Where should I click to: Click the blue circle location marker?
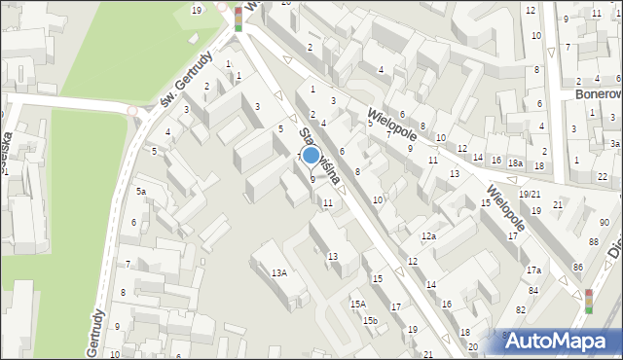pyautogui.click(x=311, y=154)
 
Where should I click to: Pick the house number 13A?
pyautogui.click(x=279, y=273)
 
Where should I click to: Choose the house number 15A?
pyautogui.click(x=358, y=305)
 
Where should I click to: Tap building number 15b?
pyautogui.click(x=369, y=320)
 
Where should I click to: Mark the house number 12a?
pyautogui.click(x=428, y=236)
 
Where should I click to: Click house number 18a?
pyautogui.click(x=515, y=162)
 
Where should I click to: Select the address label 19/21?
pyautogui.click(x=530, y=195)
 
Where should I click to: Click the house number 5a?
pyautogui.click(x=141, y=192)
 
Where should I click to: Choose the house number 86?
pyautogui.click(x=577, y=267)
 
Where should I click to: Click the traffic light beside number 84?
pyautogui.click(x=588, y=301)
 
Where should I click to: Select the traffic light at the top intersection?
pyautogui.click(x=238, y=18)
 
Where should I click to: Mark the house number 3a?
pyautogui.click(x=614, y=143)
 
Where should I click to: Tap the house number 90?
pyautogui.click(x=605, y=223)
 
